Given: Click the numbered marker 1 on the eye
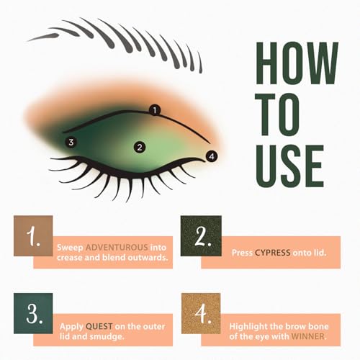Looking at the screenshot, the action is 155,110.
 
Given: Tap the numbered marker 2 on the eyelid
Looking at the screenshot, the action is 140,147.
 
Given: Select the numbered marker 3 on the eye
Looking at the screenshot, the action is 71,143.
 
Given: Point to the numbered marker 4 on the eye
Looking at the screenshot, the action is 212,156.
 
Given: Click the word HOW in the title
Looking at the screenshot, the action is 297,63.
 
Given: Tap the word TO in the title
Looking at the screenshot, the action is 277,114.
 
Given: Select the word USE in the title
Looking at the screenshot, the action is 290,166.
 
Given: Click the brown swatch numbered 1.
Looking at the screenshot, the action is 33,235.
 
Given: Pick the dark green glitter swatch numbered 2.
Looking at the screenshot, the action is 201,235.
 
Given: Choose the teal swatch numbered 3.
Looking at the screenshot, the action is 33,313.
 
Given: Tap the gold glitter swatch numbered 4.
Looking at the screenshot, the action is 201,313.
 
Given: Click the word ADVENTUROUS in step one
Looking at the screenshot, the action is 117,247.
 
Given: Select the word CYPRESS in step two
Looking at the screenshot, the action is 273,253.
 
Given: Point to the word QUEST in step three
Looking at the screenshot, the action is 99,326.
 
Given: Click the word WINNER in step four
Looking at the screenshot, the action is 308,336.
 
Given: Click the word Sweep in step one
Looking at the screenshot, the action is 70,248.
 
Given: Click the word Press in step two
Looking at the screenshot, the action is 242,253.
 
